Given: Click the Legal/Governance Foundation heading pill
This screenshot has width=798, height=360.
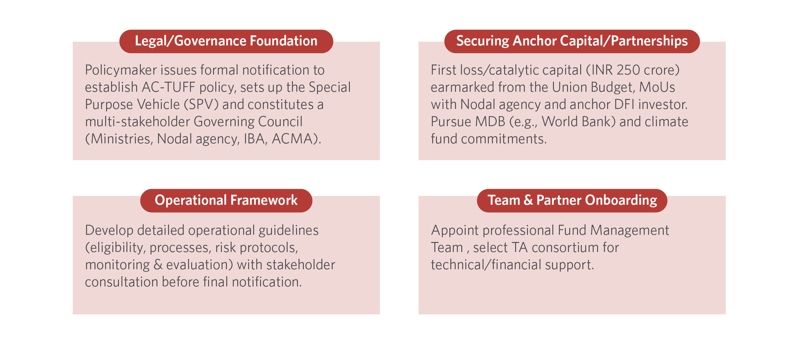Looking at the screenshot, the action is [x=226, y=41].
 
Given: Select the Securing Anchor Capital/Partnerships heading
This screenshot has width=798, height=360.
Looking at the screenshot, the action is [x=572, y=41].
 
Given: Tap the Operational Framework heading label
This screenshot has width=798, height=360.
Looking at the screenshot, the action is [x=226, y=200].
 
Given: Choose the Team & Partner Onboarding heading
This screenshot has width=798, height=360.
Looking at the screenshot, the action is [x=572, y=200].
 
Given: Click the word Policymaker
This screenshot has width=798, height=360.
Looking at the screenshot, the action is [x=121, y=70].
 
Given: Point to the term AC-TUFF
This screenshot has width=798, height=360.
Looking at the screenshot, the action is [x=168, y=87].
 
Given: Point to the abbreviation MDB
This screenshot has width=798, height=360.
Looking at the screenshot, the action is [x=490, y=121].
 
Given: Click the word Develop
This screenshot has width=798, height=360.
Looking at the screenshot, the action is [x=109, y=231].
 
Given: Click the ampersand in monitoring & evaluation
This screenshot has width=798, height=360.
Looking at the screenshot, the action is [x=158, y=265].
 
